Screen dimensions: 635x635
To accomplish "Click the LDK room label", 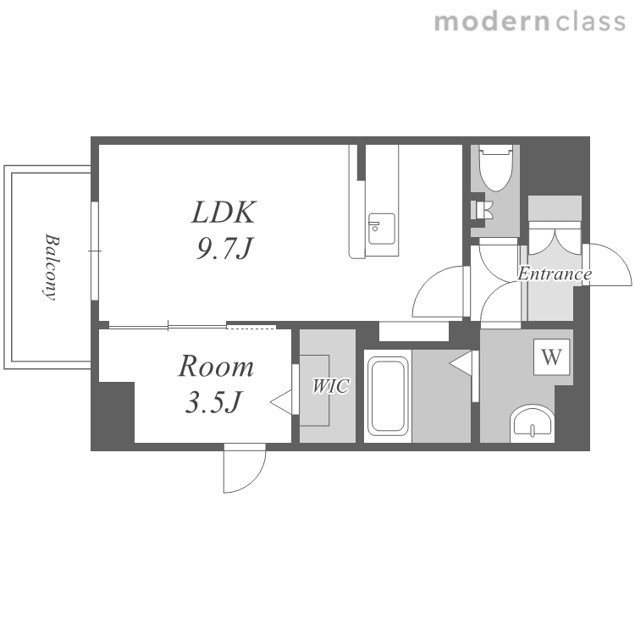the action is (x=224, y=213).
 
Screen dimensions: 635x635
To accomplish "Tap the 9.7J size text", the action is (x=224, y=248).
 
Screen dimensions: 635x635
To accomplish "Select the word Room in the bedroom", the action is (x=216, y=366).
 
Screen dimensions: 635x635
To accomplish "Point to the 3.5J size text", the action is (x=213, y=402).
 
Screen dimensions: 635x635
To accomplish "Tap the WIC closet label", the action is (x=330, y=386).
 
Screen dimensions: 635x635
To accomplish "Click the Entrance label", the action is (x=555, y=273).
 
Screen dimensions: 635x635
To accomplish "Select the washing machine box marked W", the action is (x=551, y=356).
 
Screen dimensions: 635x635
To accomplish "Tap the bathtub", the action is (x=388, y=395).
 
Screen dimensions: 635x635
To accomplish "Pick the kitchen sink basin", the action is (x=382, y=229).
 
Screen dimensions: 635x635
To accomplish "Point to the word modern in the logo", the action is (x=492, y=21).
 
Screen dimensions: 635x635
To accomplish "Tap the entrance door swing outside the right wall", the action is (x=607, y=264).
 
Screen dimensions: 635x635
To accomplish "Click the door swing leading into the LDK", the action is (x=438, y=291).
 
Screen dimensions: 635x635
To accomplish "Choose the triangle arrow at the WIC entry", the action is (x=281, y=402).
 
